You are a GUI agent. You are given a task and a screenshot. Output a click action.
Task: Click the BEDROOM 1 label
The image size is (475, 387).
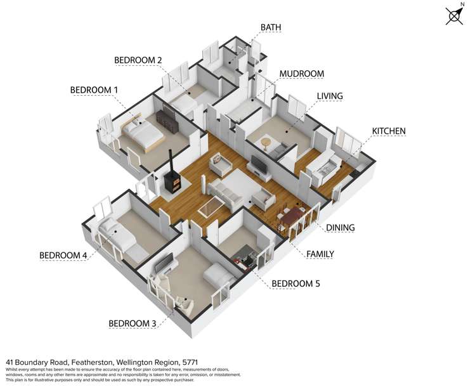tap(94, 90)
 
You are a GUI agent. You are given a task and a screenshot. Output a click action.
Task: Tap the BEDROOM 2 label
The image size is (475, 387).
tap(138, 60)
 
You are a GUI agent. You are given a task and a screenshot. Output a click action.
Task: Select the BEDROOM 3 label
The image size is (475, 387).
tap(133, 324)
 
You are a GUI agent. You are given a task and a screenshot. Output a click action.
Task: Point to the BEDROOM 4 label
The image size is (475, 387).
tap(63, 256)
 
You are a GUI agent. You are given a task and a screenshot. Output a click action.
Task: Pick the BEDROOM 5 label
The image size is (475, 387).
tap(296, 284)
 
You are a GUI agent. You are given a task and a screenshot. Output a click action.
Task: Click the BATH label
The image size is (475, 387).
tap(271, 27)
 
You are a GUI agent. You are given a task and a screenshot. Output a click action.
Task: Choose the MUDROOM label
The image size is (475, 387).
tap(301, 74)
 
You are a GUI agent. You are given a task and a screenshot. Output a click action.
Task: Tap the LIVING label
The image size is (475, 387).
tap(330, 96)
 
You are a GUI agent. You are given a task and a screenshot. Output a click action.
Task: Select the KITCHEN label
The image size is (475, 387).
tap(389, 131)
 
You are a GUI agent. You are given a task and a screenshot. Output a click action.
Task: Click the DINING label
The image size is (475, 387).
tap(340, 228)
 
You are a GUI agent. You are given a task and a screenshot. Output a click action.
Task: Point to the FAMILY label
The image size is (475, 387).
tap(320, 254)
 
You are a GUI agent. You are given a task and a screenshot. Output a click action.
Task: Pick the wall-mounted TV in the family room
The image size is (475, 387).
tap(259, 164)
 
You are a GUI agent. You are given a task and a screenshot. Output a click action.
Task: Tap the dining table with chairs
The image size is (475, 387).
tap(291, 217)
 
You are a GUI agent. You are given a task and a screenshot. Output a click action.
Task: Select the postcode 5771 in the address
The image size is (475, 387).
tap(190, 362)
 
